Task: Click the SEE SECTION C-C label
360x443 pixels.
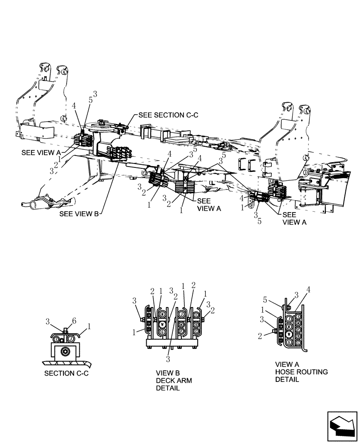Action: [168, 115]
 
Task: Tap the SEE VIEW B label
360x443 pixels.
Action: [79, 214]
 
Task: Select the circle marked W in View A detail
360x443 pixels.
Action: [289, 334]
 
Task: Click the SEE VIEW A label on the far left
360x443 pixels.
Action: [40, 152]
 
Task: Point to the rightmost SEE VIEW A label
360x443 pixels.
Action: [294, 218]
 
